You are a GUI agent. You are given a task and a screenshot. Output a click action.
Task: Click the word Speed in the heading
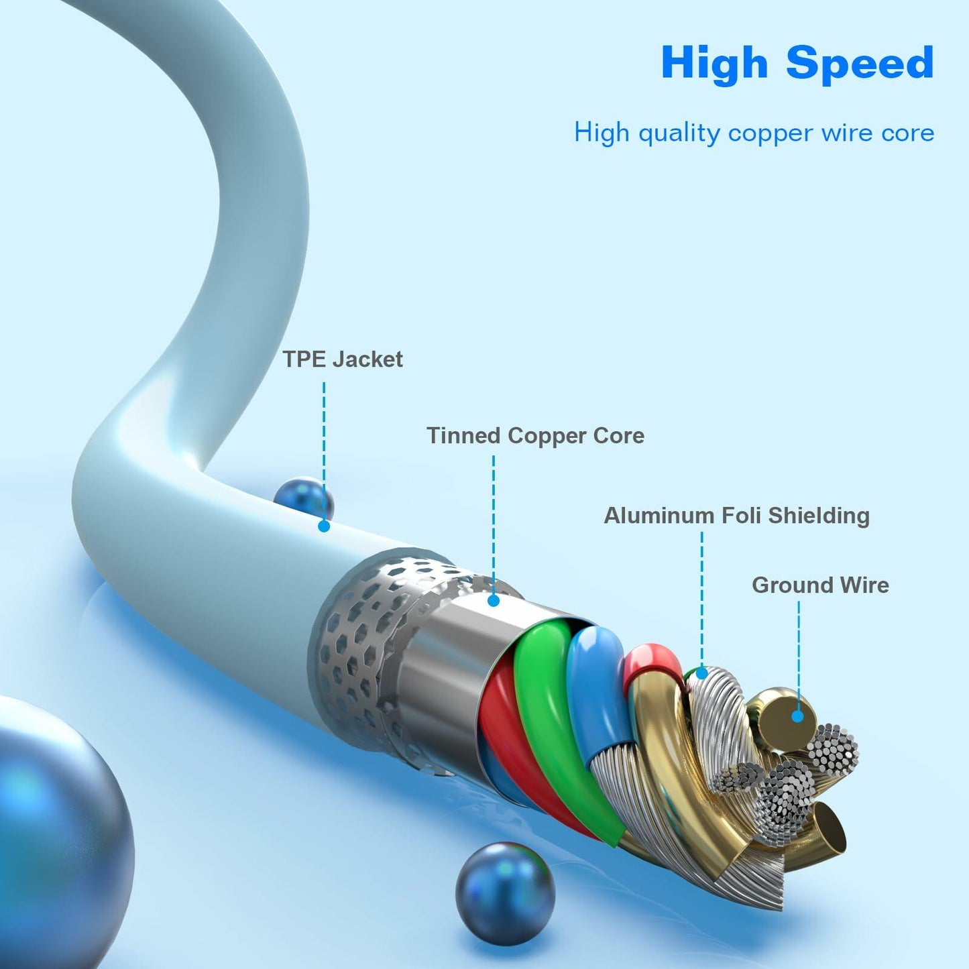(x=860, y=64)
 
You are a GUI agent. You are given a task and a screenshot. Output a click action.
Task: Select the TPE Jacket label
(x=342, y=359)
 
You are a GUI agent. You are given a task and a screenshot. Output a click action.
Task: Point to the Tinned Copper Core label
(x=535, y=436)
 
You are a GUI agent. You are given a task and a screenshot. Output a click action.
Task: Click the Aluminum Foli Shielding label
(x=736, y=516)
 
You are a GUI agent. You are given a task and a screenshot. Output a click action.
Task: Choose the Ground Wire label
(x=820, y=585)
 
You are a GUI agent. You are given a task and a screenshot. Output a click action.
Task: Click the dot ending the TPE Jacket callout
(x=324, y=526)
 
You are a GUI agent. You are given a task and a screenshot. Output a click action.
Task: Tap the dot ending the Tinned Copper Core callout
(x=494, y=601)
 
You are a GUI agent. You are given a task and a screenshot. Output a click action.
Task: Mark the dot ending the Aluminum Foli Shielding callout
(x=701, y=673)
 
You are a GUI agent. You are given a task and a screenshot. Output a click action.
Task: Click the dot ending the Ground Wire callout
(x=797, y=716)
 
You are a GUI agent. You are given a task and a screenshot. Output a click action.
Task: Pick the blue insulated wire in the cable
(x=599, y=691)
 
